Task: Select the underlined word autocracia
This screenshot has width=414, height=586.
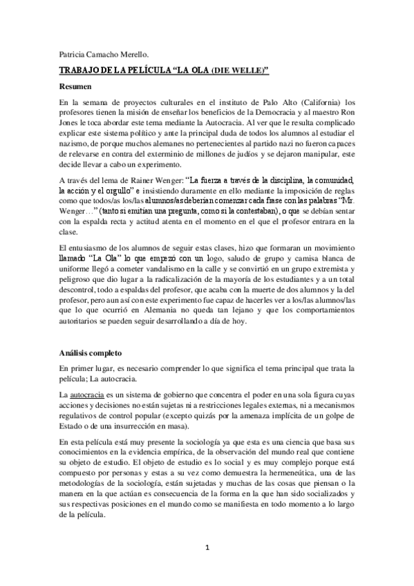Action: pos(91,394)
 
